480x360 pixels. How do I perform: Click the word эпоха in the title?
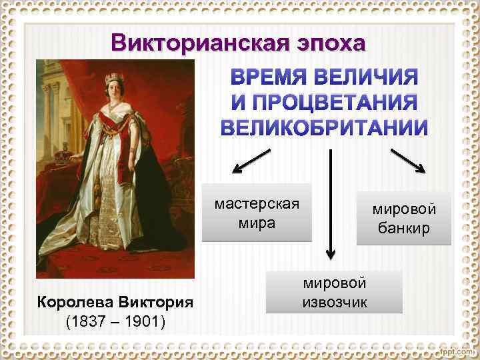click(x=331, y=44)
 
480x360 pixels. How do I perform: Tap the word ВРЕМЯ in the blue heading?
click(x=272, y=78)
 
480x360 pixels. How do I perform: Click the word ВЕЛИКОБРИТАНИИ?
click(x=324, y=127)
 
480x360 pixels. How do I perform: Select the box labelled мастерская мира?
click(x=257, y=213)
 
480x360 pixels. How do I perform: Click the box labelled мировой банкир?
click(x=404, y=219)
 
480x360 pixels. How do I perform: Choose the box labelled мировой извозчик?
click(x=334, y=292)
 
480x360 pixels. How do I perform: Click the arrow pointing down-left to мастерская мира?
click(x=252, y=162)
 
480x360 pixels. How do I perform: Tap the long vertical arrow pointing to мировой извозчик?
click(x=330, y=203)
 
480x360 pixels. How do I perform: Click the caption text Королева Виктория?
click(x=115, y=302)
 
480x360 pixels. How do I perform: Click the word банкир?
click(x=404, y=229)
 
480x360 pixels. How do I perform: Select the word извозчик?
click(x=334, y=302)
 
